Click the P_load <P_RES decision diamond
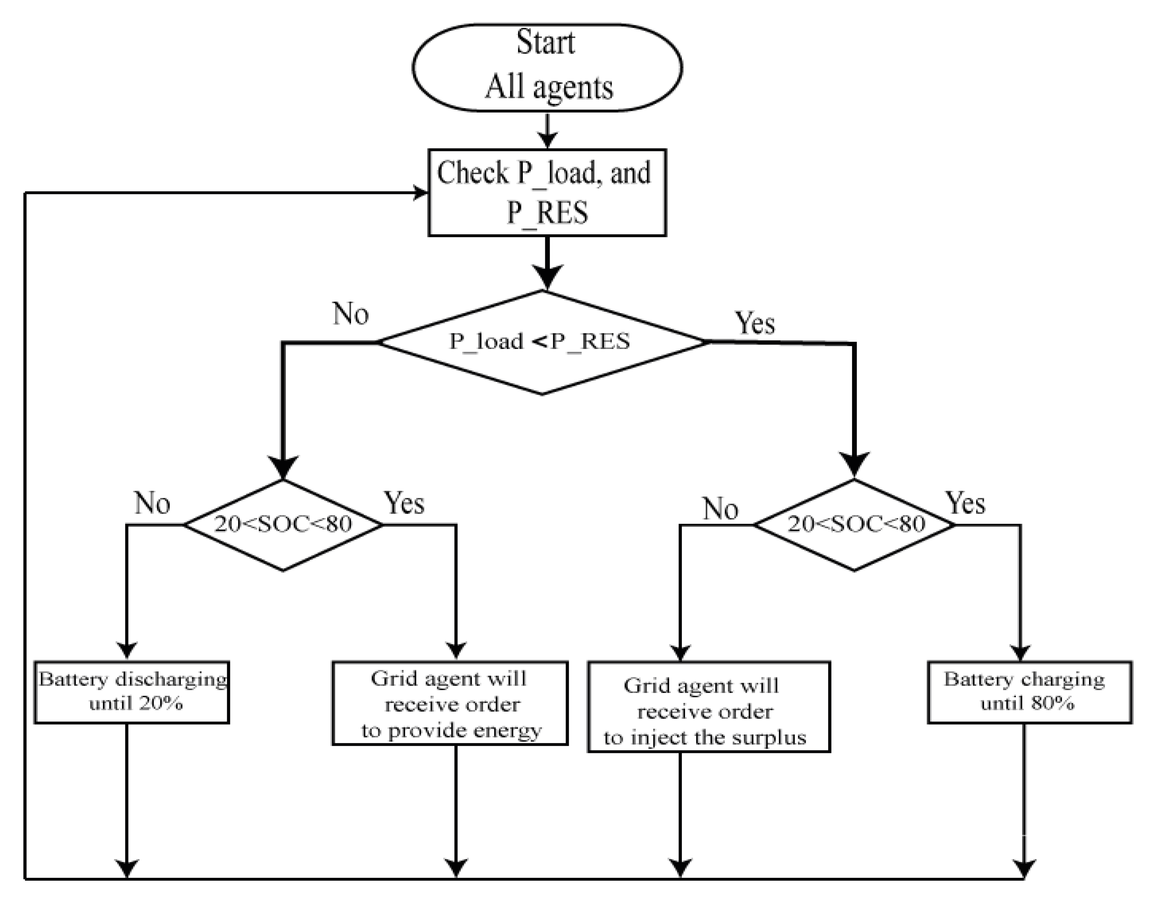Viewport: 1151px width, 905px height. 542,342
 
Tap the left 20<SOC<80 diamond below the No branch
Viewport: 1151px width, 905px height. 283,525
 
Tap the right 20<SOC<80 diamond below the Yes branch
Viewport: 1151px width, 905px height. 854,525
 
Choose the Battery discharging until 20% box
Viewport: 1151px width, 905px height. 132,692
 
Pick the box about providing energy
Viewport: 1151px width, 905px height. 450,703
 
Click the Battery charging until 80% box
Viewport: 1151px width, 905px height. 1030,692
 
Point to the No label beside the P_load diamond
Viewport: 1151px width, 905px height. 350,314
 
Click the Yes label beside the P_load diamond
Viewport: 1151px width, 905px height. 754,323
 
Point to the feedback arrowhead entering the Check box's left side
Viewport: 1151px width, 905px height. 420,192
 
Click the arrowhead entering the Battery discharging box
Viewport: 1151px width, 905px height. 127,651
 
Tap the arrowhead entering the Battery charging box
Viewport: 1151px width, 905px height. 1021,652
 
